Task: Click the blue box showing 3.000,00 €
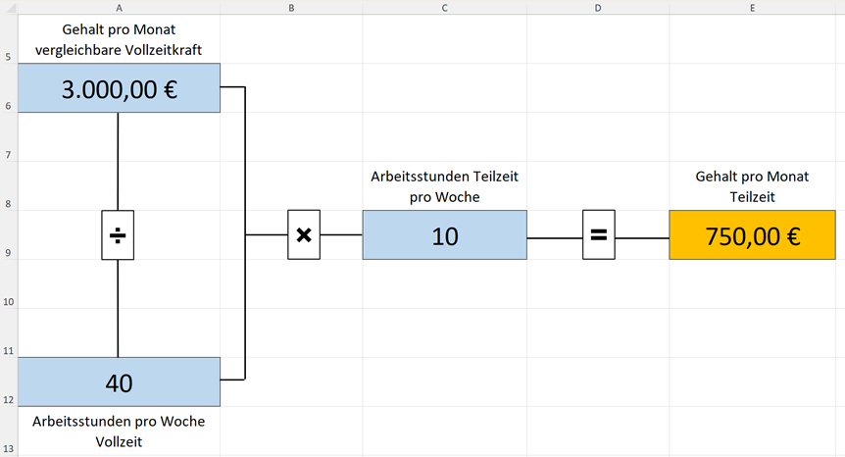pos(119,88)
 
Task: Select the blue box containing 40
pos(119,381)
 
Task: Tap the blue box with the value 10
pos(444,235)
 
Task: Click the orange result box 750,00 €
pos(752,235)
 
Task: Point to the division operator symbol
pos(118,235)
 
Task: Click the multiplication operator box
pos(304,235)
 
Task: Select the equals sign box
pos(598,235)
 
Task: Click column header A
pos(119,7)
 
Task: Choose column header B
pos(291,7)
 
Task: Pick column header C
pos(444,7)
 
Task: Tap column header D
pos(598,7)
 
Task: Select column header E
pos(752,7)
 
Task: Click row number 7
pos(8,156)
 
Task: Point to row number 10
pos(8,303)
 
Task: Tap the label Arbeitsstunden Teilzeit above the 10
pos(444,177)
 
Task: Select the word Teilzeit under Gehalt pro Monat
pos(752,196)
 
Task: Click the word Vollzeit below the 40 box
pos(118,441)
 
